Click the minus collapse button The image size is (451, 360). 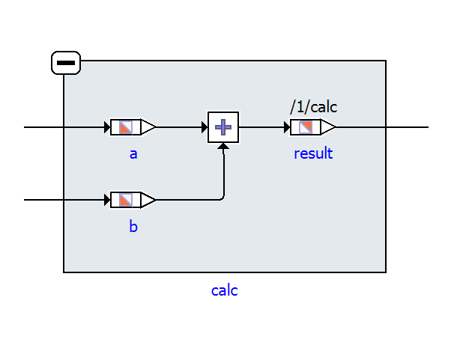(66, 64)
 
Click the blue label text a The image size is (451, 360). (133, 154)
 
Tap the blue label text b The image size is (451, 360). (133, 226)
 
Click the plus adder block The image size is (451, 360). (223, 127)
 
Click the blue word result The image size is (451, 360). (312, 154)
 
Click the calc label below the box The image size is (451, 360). (225, 290)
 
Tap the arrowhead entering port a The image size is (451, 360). (107, 127)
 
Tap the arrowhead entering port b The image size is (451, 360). (107, 200)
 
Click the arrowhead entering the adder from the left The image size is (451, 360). (204, 127)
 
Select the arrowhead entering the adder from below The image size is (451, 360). (223, 147)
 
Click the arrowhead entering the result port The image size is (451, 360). (286, 127)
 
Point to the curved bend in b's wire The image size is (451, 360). (221, 198)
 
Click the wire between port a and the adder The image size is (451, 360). (180, 127)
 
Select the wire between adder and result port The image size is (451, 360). (262, 127)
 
